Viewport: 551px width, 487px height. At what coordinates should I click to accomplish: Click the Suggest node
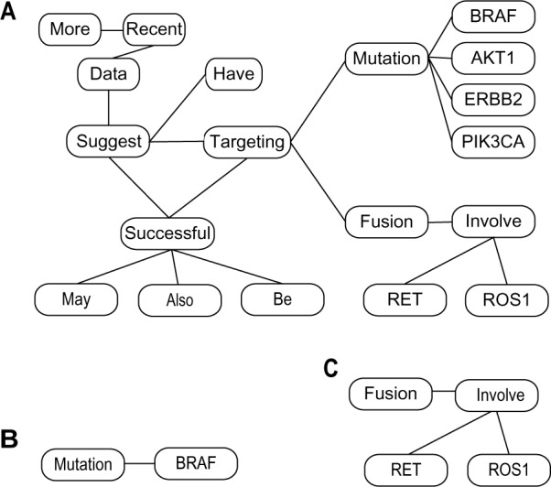pos(109,142)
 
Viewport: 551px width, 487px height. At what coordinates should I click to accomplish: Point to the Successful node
pos(168,233)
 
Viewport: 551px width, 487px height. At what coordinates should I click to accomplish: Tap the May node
pos(76,298)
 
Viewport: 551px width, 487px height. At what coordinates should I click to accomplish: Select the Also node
pos(179,298)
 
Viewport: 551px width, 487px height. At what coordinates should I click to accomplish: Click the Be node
pos(283,298)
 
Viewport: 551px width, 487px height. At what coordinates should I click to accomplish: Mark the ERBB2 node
pos(492,100)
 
